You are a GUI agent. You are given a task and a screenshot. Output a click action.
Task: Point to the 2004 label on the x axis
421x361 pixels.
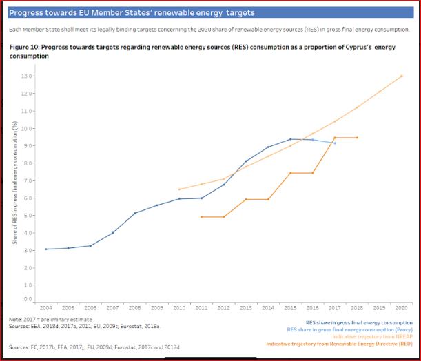point(46,308)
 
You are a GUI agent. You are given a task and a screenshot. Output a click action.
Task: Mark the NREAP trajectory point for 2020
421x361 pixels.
point(401,76)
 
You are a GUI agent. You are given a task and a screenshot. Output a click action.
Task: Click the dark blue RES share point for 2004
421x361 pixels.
point(46,249)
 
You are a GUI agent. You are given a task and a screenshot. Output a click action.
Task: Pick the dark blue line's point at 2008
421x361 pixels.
point(135,213)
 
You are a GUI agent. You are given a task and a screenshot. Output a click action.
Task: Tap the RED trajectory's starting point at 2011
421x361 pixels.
point(201,217)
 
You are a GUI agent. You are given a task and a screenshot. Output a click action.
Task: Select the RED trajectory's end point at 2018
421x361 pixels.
point(357,138)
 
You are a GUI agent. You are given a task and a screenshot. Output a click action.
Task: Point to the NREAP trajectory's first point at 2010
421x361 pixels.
point(179,189)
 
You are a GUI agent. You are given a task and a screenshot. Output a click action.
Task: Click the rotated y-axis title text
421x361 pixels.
point(14,185)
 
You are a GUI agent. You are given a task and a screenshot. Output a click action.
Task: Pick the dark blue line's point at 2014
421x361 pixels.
point(268,147)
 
